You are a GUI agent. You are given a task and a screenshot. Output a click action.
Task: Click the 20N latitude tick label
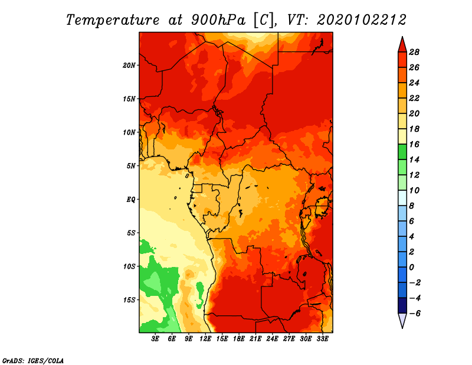pyautogui.click(x=129, y=66)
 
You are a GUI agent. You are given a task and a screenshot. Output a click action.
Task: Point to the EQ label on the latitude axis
pyautogui.click(x=131, y=200)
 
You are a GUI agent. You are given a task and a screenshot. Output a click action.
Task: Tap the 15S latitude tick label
pyautogui.click(x=129, y=300)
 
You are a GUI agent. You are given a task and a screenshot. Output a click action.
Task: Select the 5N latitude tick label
pyautogui.click(x=131, y=166)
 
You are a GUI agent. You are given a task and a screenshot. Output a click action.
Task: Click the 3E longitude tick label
pyautogui.click(x=155, y=339)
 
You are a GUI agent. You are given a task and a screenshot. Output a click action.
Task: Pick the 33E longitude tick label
pyautogui.click(x=322, y=339)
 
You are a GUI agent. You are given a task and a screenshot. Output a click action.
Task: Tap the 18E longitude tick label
pyautogui.click(x=239, y=339)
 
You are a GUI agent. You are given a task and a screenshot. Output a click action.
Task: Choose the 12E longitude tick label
pyautogui.click(x=205, y=339)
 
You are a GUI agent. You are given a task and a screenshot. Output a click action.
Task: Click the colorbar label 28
pyautogui.click(x=414, y=52)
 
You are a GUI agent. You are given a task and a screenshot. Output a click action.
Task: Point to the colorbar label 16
pyautogui.click(x=414, y=144)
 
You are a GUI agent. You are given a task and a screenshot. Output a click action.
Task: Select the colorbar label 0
pyautogui.click(x=411, y=268)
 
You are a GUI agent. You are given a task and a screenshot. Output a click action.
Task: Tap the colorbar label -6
pyautogui.click(x=415, y=314)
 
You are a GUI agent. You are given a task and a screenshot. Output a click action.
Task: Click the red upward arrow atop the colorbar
pyautogui.click(x=402, y=45)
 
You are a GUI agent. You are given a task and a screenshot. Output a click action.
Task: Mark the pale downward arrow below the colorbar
pyautogui.click(x=402, y=320)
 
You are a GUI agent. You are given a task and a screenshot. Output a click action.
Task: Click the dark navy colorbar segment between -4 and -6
pyautogui.click(x=402, y=305)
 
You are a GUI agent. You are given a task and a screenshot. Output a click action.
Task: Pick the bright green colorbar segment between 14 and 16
pyautogui.click(x=402, y=152)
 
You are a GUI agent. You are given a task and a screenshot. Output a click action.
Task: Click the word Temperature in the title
pyautogui.click(x=113, y=20)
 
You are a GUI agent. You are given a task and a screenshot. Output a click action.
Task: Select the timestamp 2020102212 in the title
pyautogui.click(x=362, y=20)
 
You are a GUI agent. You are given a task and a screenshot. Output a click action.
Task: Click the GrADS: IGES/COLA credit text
pyautogui.click(x=33, y=361)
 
